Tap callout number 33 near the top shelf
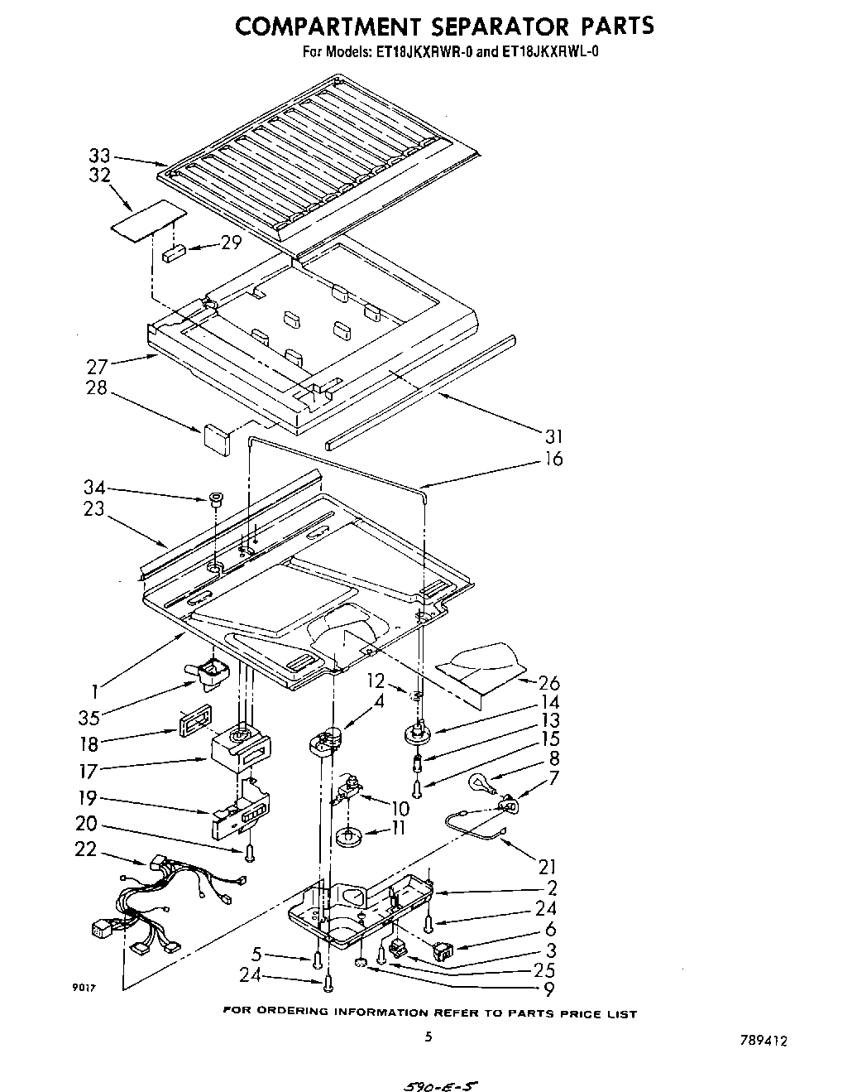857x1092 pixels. (99, 155)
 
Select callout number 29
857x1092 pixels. (231, 243)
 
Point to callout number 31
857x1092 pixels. (553, 436)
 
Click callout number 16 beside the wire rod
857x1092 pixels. (553, 459)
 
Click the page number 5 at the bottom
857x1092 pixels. (428, 1036)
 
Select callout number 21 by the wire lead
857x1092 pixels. (547, 867)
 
